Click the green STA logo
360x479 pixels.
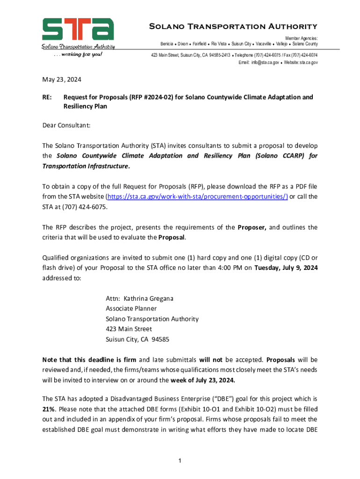coord(78,30)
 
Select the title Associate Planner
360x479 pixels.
coord(131,309)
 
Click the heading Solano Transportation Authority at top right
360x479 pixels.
coord(233,26)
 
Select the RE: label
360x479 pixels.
coord(47,97)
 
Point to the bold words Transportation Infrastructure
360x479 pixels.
coord(86,166)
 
